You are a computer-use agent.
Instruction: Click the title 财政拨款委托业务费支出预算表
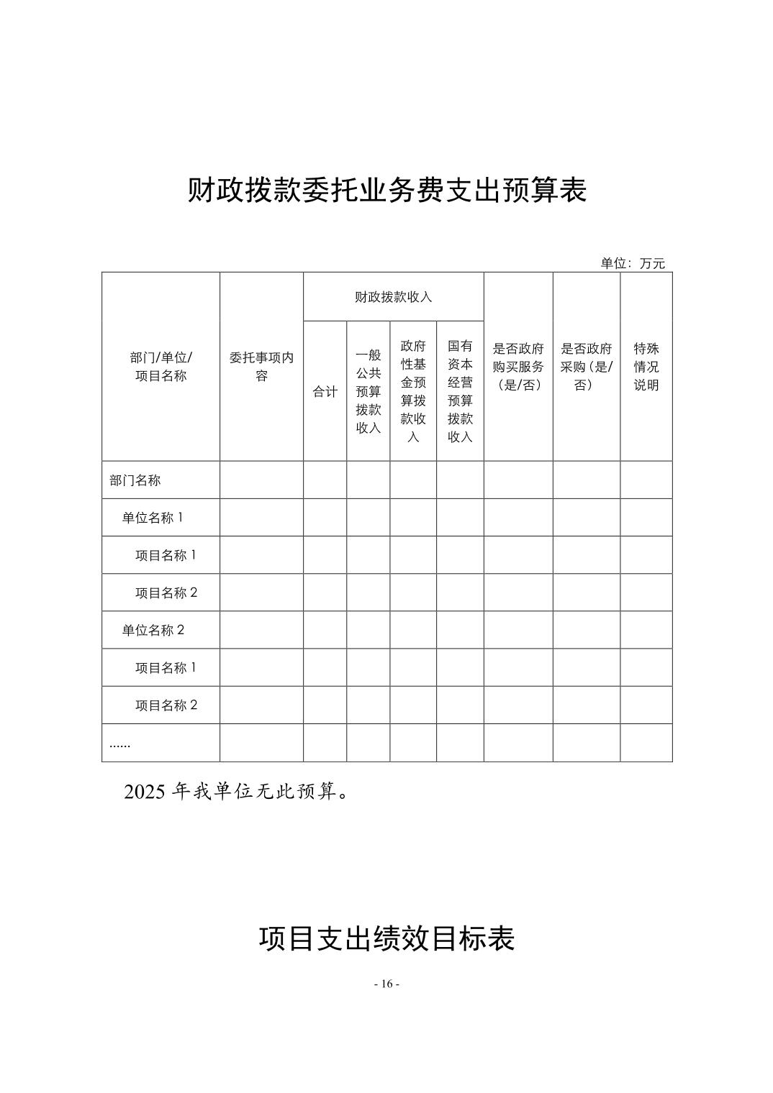click(x=386, y=191)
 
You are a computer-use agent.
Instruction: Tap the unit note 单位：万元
click(x=633, y=263)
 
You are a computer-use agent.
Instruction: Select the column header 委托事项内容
click(x=261, y=367)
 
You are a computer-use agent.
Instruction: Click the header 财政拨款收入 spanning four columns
click(x=393, y=297)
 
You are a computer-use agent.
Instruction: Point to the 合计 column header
click(x=325, y=392)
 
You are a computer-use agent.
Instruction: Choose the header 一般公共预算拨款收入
click(x=368, y=392)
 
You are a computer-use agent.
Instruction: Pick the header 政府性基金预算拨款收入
click(x=413, y=392)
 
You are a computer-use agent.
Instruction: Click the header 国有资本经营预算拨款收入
click(x=460, y=392)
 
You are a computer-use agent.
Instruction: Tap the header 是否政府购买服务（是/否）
click(x=518, y=367)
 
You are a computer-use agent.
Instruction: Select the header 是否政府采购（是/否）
click(x=587, y=367)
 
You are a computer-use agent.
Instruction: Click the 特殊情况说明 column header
click(x=646, y=367)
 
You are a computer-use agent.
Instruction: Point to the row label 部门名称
click(x=135, y=480)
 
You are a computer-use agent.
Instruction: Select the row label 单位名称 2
click(x=153, y=630)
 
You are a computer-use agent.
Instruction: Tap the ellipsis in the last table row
click(x=119, y=744)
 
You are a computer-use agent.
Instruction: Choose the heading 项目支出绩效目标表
click(x=386, y=939)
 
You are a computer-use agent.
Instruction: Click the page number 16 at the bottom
click(x=387, y=984)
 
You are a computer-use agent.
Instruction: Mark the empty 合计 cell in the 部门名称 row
click(x=325, y=480)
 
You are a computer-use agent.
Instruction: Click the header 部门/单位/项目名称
click(x=161, y=367)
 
